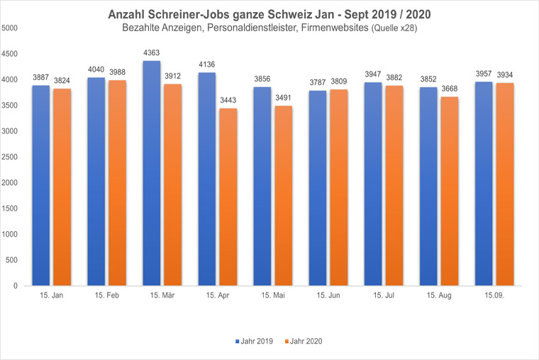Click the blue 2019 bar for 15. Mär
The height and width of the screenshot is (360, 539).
click(x=151, y=174)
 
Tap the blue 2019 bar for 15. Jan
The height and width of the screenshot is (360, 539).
click(x=40, y=186)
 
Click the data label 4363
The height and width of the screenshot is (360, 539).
click(x=152, y=52)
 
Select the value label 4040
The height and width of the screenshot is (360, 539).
click(x=96, y=69)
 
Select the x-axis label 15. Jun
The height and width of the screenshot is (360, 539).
click(x=328, y=294)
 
